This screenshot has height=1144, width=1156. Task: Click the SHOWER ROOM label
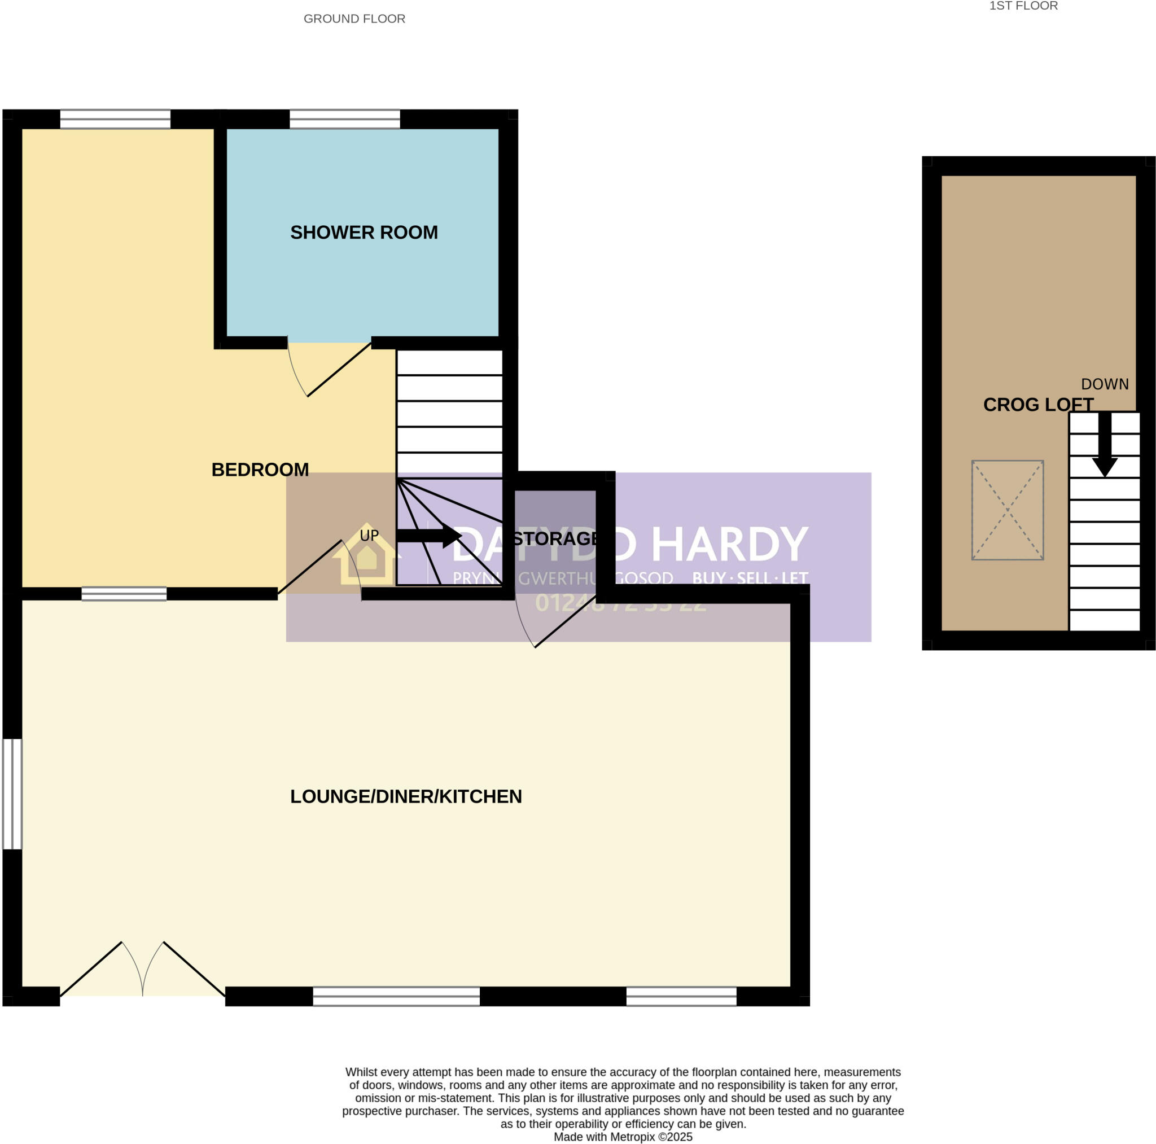click(364, 232)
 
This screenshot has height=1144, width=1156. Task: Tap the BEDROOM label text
click(260, 470)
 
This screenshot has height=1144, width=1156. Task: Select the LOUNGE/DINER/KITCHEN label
click(406, 796)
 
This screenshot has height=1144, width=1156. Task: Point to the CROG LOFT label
click(1038, 405)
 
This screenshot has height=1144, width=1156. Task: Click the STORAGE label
click(555, 538)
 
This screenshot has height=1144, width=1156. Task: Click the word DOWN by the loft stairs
click(1105, 384)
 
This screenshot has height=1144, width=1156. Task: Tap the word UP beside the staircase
click(369, 535)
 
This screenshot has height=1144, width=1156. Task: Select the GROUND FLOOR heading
click(354, 19)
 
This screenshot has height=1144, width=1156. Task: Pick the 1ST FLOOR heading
click(1023, 6)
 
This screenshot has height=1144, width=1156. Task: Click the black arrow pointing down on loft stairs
click(1105, 446)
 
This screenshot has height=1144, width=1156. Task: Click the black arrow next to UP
click(428, 535)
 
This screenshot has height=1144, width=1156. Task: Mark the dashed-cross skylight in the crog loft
click(1008, 510)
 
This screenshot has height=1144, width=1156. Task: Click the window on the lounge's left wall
click(12, 794)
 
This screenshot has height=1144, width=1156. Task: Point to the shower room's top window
click(345, 119)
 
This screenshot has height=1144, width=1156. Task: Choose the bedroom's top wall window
click(115, 119)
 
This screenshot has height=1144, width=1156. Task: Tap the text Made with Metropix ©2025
click(623, 1137)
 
